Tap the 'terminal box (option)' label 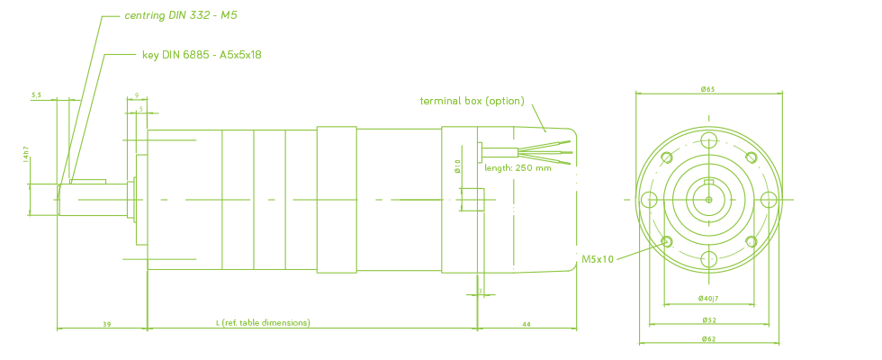[x=472, y=101]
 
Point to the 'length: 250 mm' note [x=517, y=167]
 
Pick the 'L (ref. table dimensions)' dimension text [x=263, y=322]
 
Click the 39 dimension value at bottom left [x=107, y=322]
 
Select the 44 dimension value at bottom [x=526, y=322]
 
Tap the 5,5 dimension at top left [x=36, y=94]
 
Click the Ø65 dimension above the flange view [x=708, y=90]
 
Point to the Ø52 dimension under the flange [x=708, y=319]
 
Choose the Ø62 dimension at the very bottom [x=708, y=338]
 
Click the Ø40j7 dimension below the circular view [x=708, y=297]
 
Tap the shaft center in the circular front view [x=708, y=199]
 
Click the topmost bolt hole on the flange [x=708, y=139]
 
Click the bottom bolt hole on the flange [x=708, y=259]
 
